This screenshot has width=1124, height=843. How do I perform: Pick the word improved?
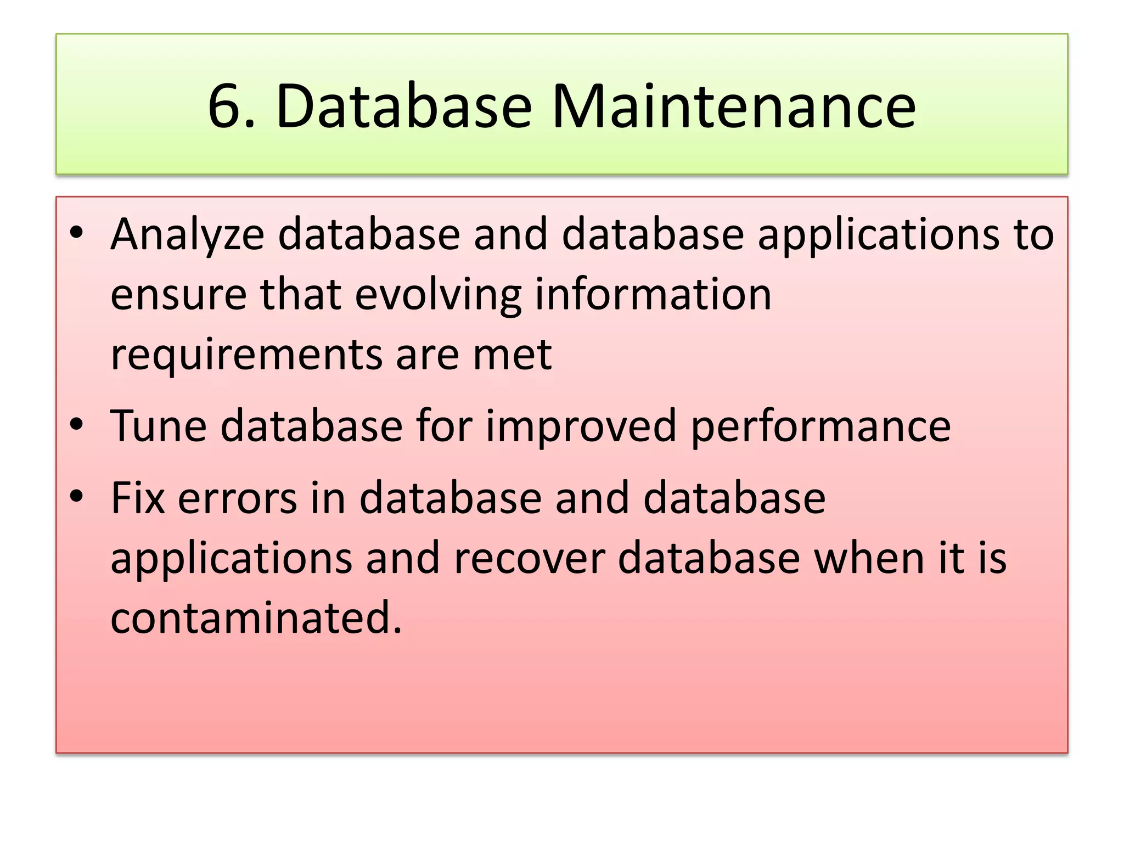click(581, 426)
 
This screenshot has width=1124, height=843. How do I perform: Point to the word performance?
click(820, 426)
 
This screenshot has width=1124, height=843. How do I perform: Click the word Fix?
click(138, 498)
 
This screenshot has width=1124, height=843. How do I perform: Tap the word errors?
click(237, 499)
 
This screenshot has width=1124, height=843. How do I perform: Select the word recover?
click(529, 558)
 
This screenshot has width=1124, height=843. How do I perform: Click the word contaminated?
click(256, 617)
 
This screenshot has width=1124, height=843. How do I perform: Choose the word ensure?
click(178, 295)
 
